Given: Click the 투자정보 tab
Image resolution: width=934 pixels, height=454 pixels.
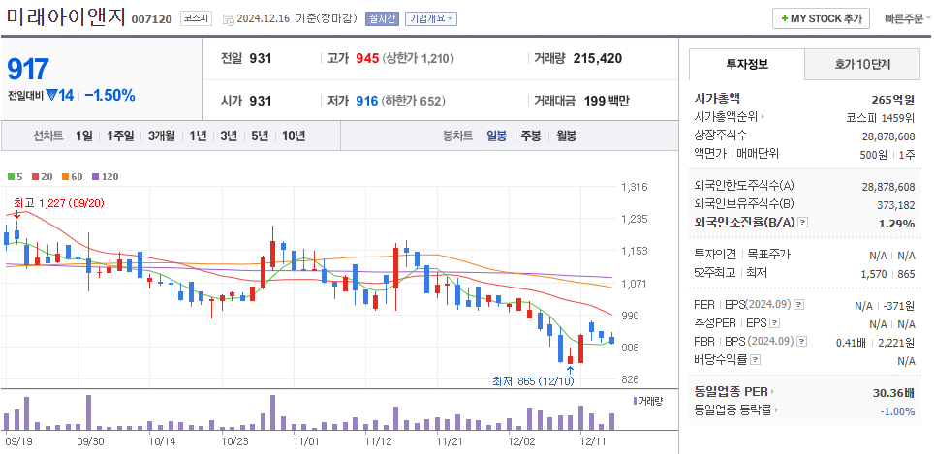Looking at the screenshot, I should pyautogui.click(x=746, y=64).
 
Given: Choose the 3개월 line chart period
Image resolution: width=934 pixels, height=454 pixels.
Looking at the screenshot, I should pyautogui.click(x=162, y=136).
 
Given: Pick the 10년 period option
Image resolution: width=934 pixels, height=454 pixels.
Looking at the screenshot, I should pyautogui.click(x=294, y=136).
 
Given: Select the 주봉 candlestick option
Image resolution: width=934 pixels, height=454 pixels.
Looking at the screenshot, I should pyautogui.click(x=531, y=136).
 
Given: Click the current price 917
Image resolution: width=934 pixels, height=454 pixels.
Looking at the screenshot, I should pyautogui.click(x=27, y=69).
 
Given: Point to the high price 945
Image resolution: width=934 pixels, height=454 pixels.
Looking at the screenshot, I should pyautogui.click(x=366, y=58).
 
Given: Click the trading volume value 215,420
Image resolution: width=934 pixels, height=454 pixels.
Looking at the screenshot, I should pyautogui.click(x=597, y=58).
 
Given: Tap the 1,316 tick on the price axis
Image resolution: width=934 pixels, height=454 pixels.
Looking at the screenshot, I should pyautogui.click(x=634, y=187).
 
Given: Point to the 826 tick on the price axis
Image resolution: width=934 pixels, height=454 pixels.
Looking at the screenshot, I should pyautogui.click(x=630, y=379).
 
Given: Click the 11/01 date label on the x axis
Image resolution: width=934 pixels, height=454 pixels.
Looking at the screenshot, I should pyautogui.click(x=306, y=440).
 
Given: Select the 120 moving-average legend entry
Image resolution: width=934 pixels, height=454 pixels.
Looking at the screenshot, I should pyautogui.click(x=105, y=176).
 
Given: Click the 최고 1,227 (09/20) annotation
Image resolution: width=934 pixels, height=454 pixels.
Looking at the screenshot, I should pyautogui.click(x=58, y=203).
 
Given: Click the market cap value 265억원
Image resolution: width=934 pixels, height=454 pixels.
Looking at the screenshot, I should pyautogui.click(x=892, y=99).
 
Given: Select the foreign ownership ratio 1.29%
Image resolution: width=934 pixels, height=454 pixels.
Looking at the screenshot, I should pyautogui.click(x=896, y=223).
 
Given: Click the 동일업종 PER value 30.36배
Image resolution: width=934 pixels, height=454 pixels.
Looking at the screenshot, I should pyautogui.click(x=892, y=392).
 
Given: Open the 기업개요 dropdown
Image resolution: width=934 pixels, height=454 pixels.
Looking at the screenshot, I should pyautogui.click(x=431, y=18).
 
